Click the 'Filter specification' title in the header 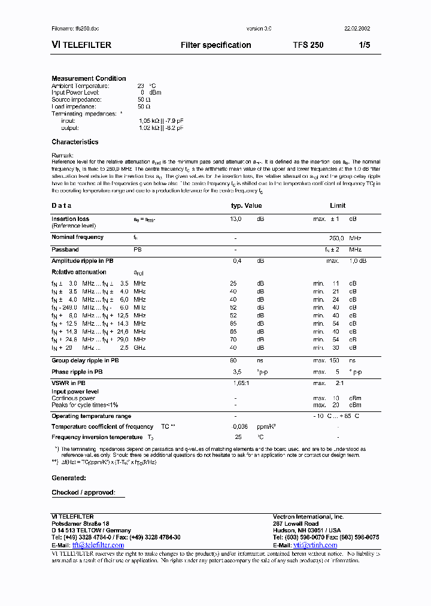point(215,45)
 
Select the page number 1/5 point(364,45)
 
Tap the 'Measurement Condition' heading point(89,78)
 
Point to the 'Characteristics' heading point(75,142)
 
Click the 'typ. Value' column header point(246,205)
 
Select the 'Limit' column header point(338,205)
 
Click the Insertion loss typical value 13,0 point(235,219)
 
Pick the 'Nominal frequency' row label point(77,237)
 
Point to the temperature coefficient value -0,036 point(239,426)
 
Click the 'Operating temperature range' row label point(91,416)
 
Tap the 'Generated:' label point(69,478)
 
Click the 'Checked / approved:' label point(83,492)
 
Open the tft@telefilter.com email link point(98,545)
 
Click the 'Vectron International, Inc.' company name point(308,516)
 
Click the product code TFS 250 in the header point(308,45)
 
